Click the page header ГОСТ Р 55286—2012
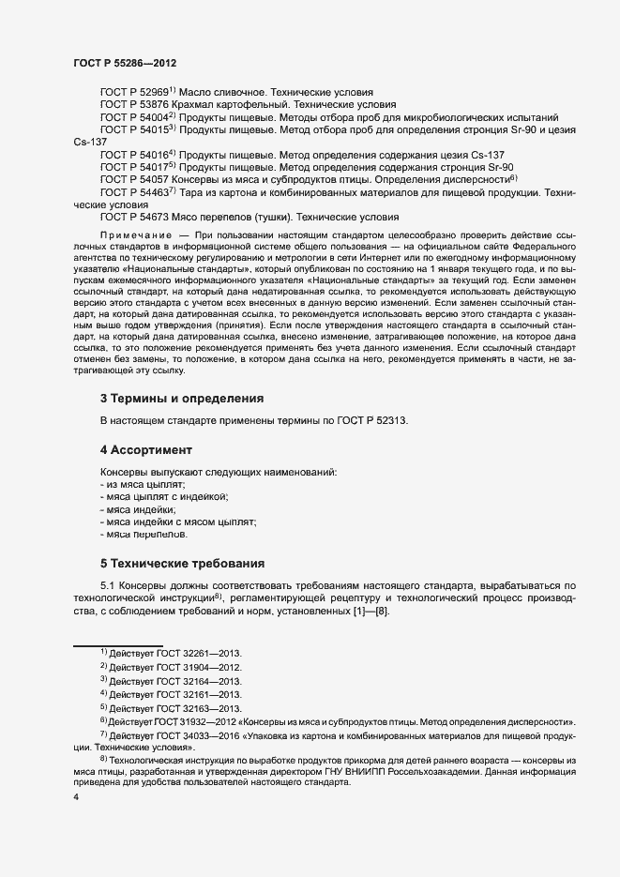[125, 63]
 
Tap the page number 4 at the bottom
[76, 797]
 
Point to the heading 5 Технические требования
[182, 564]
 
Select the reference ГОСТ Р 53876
[133, 106]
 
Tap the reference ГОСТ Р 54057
[133, 178]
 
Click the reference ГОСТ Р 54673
[133, 216]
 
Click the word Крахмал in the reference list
[197, 106]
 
